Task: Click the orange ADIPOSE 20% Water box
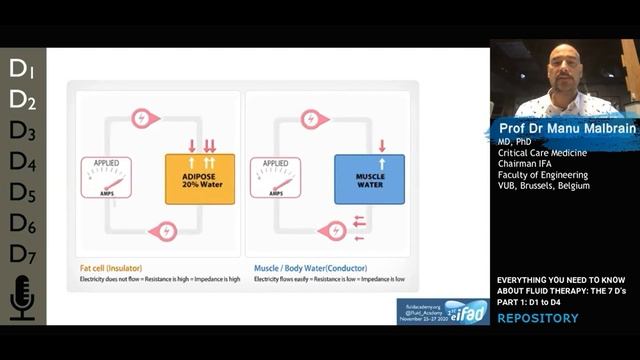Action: click(x=199, y=178)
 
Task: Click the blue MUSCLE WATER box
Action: click(x=369, y=178)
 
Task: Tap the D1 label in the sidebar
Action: click(x=22, y=69)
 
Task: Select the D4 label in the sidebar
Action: click(x=22, y=161)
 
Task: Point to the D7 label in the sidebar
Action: click(x=22, y=253)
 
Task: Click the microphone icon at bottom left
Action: click(x=22, y=298)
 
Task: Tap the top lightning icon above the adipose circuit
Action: click(x=146, y=118)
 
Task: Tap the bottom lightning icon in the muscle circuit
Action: click(x=330, y=231)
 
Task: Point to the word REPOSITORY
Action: click(x=537, y=319)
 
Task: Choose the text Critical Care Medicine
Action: click(x=542, y=152)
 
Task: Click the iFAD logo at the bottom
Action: click(x=467, y=311)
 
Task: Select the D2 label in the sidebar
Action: click(x=22, y=100)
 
